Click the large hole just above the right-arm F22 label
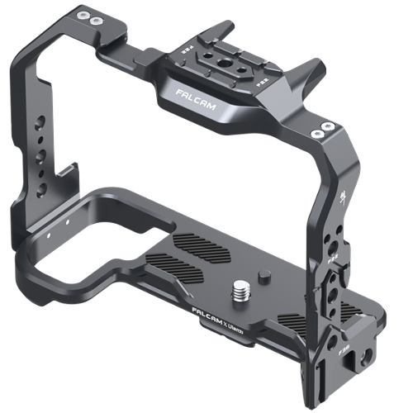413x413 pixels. [331, 240]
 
